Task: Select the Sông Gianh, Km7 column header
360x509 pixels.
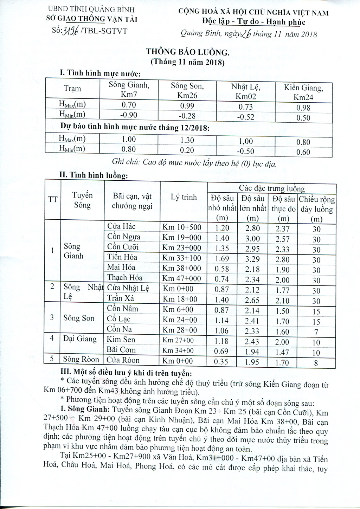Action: click(x=129, y=89)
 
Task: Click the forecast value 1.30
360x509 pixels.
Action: click(x=187, y=140)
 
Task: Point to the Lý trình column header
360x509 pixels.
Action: click(x=184, y=197)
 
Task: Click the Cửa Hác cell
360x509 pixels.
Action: click(x=121, y=226)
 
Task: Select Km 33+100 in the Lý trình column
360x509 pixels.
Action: click(x=182, y=258)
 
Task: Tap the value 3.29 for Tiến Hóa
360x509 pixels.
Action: click(x=252, y=259)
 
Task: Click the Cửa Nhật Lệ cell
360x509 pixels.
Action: click(x=128, y=288)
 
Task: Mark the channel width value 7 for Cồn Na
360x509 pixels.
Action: click(x=316, y=332)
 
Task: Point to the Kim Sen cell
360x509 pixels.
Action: click(x=121, y=340)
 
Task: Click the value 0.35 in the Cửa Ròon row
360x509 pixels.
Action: click(x=222, y=362)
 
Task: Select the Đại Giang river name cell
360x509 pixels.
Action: click(x=80, y=339)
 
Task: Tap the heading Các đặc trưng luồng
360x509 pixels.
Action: click(x=272, y=189)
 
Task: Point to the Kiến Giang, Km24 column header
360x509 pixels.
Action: click(x=303, y=92)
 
